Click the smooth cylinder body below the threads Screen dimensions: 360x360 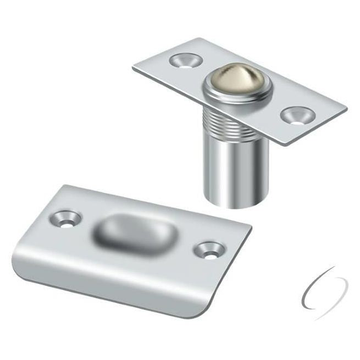click(227, 176)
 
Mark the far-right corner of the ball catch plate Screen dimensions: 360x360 click(346, 108)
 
